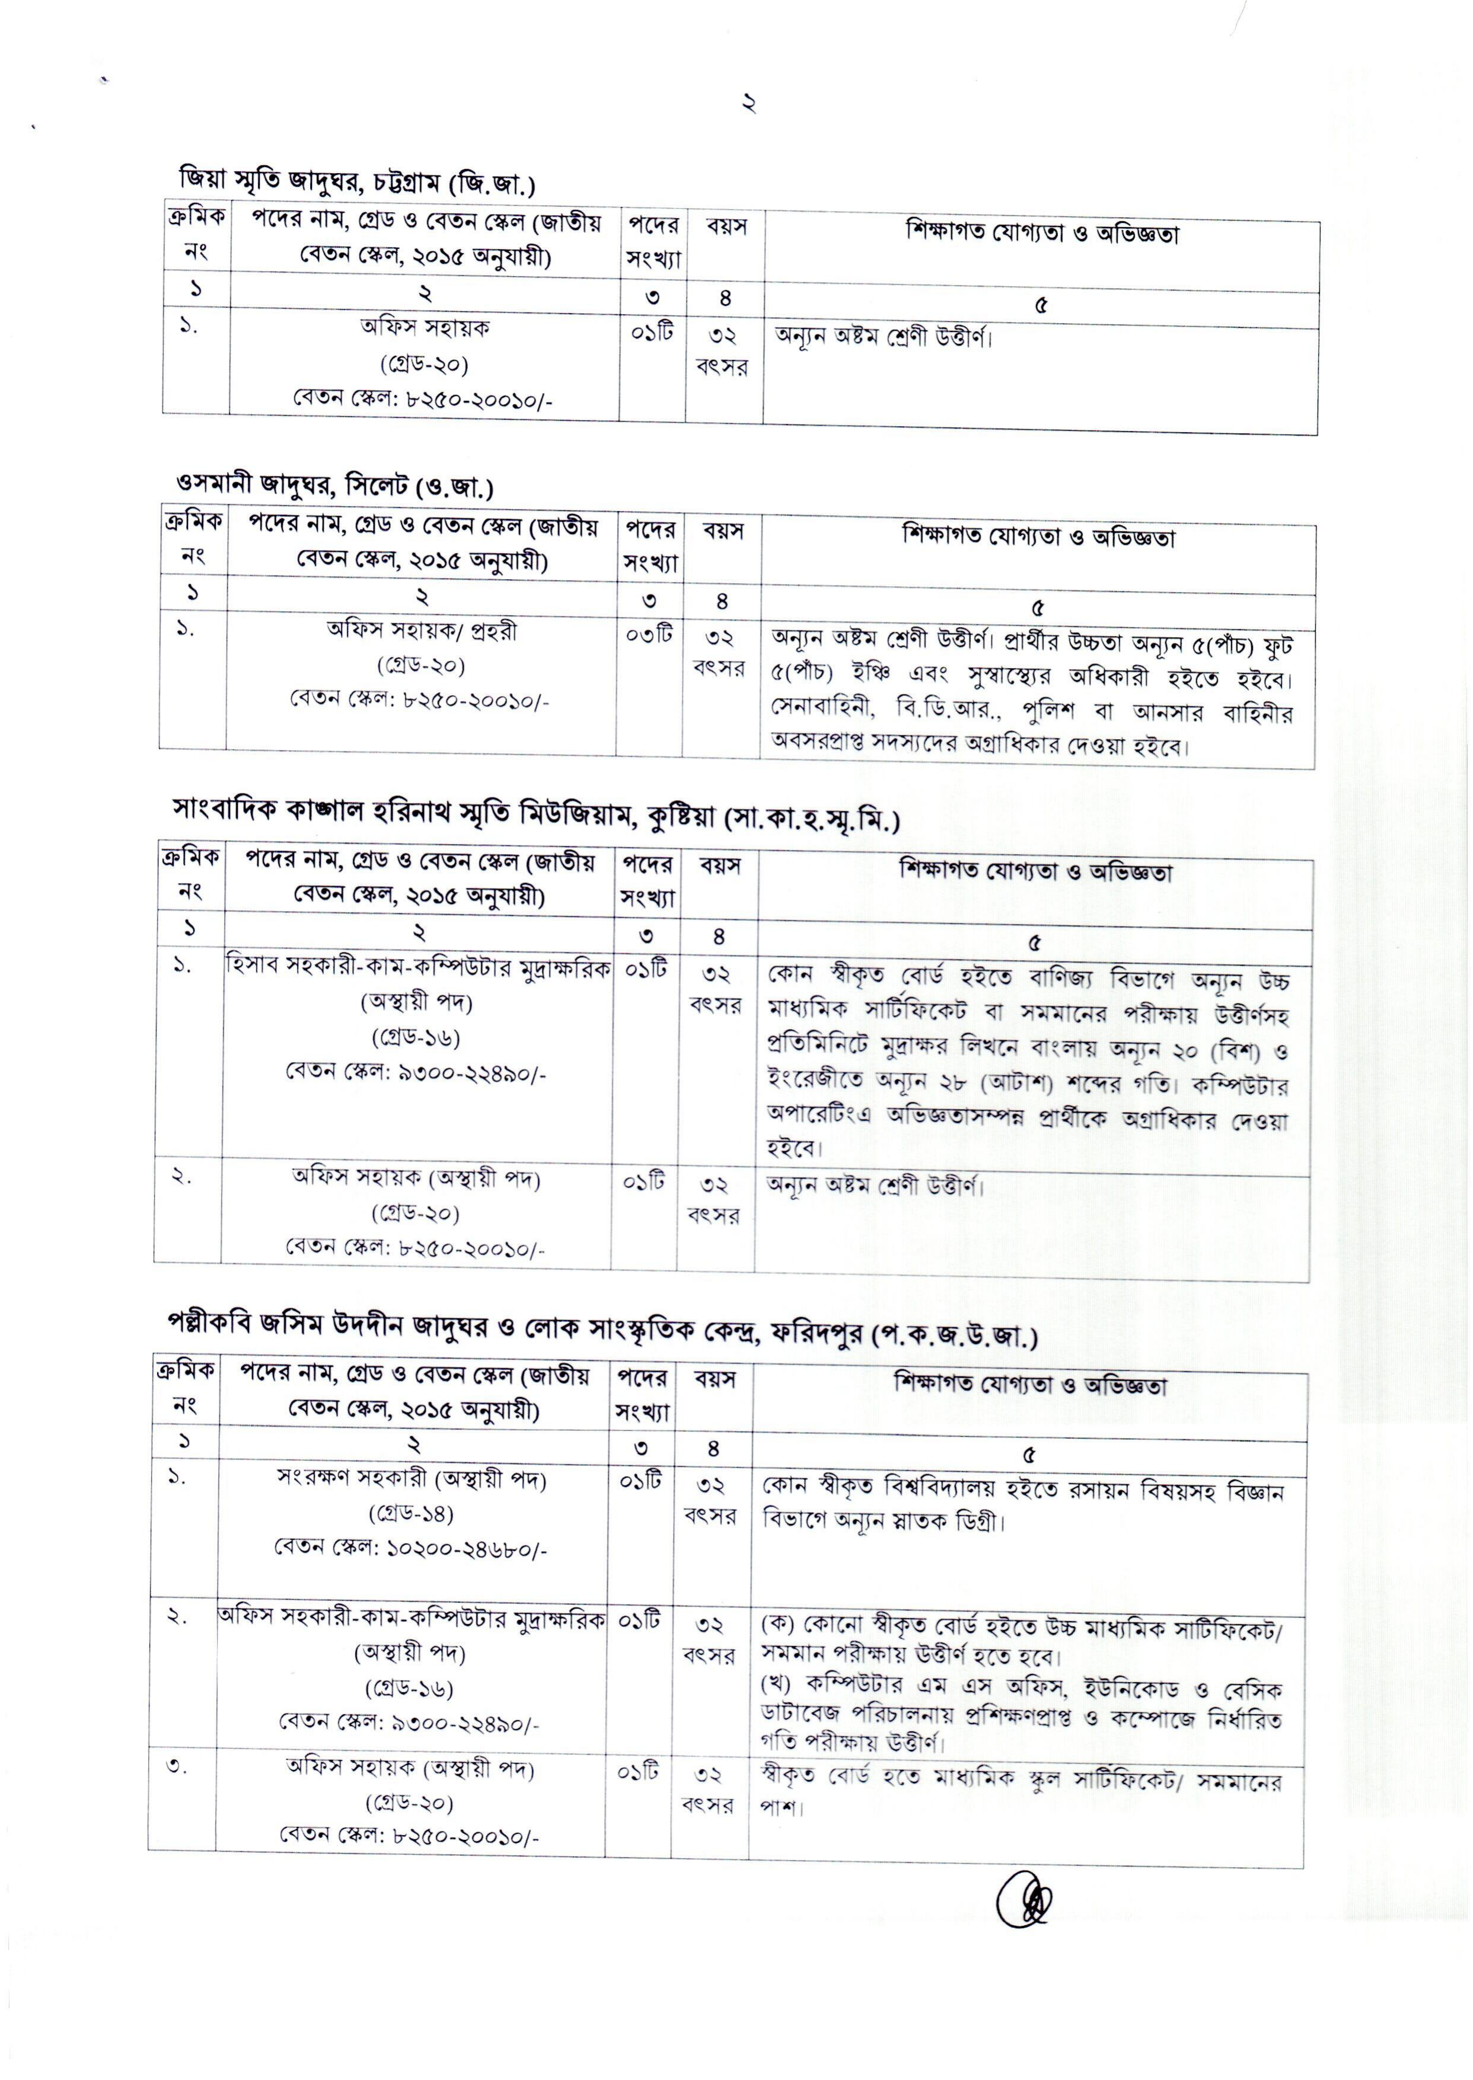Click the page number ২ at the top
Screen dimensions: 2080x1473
(749, 104)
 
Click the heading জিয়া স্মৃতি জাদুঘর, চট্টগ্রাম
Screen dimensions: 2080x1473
(356, 181)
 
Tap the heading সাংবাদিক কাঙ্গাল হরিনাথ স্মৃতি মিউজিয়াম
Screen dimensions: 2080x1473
(535, 819)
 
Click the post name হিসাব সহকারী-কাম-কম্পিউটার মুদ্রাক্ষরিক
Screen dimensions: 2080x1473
(418, 967)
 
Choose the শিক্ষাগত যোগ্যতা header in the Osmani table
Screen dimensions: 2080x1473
(1038, 537)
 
